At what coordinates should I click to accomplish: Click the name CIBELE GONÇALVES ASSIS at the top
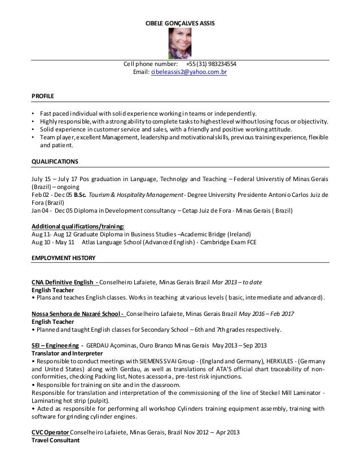pos(180,23)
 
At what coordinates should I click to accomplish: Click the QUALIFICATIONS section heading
pos(54,160)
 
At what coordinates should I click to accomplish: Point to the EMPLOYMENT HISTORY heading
pos(63,258)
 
